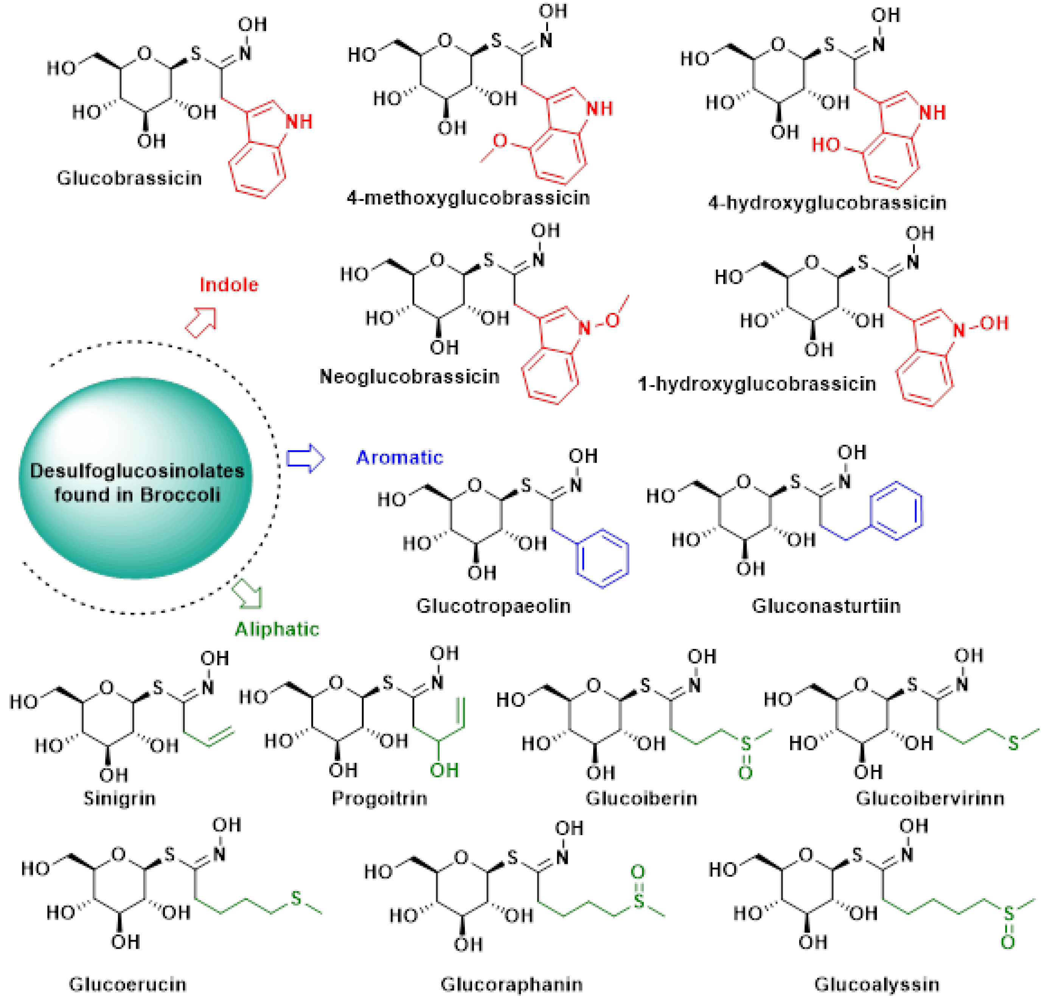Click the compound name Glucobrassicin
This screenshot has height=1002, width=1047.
129,178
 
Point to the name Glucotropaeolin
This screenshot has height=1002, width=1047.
493,606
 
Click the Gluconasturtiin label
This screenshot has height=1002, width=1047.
826,606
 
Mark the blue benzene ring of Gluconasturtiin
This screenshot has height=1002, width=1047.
896,510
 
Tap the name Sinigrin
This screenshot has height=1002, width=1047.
120,798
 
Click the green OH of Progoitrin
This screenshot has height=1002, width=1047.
444,770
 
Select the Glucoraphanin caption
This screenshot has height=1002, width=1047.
511,984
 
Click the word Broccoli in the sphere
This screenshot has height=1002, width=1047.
180,495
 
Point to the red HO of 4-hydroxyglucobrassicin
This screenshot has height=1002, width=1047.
826,145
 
